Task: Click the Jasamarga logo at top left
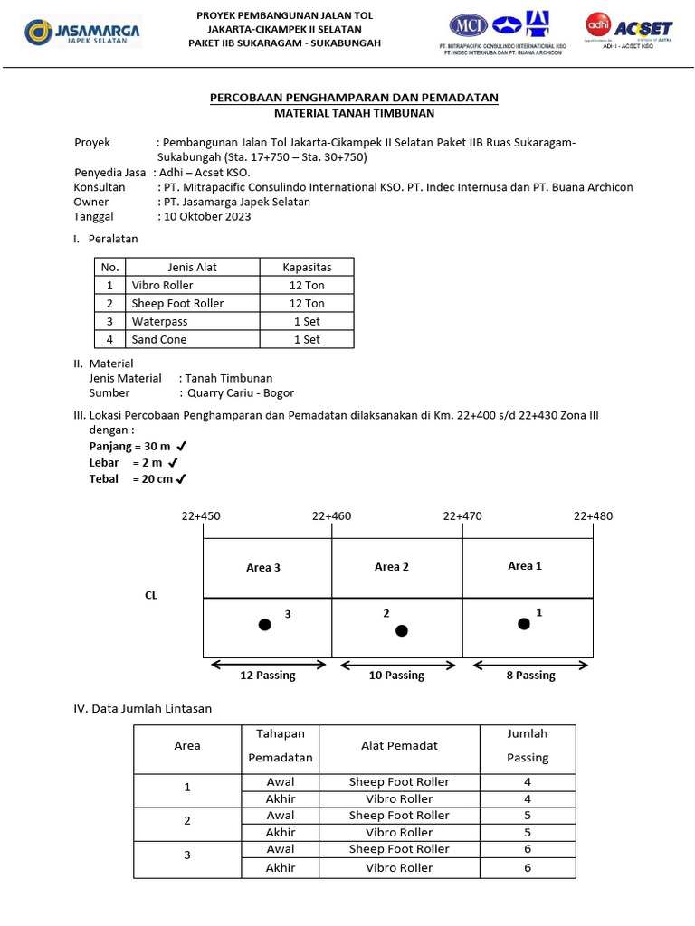tap(82, 34)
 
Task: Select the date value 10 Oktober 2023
tap(207, 217)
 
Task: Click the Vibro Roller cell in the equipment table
tap(163, 285)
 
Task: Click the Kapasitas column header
tap(307, 267)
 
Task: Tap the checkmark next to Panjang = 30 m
tap(182, 446)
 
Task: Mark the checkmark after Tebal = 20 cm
tap(182, 479)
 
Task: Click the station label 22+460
tap(331, 516)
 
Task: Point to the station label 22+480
tap(593, 516)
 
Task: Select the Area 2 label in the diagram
tap(392, 567)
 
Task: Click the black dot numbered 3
tap(264, 625)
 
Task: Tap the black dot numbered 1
tap(523, 623)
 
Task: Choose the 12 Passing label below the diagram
tap(267, 676)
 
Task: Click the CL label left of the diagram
tap(151, 596)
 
